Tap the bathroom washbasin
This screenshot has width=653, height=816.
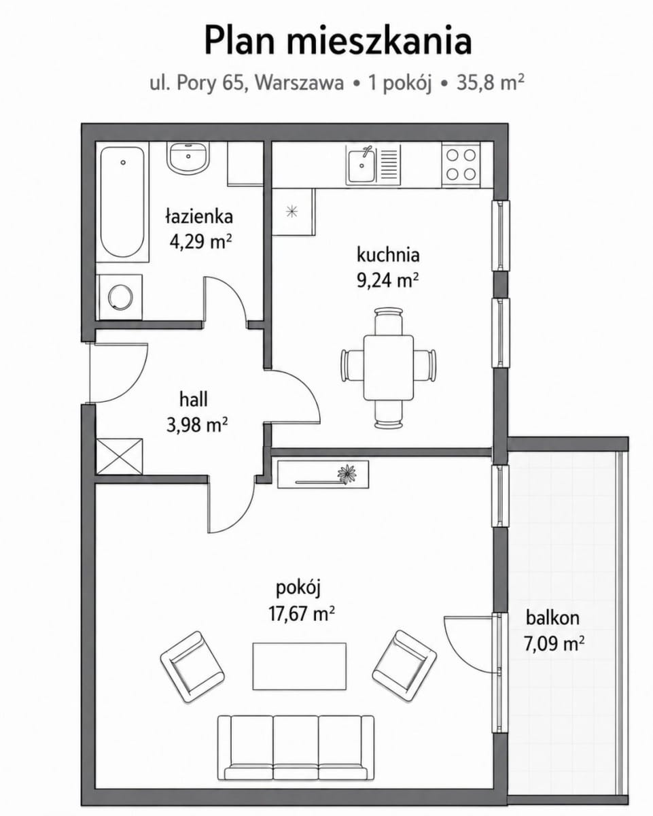tap(188, 158)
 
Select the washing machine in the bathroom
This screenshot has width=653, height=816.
tap(120, 297)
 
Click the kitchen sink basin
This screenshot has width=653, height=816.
tap(361, 166)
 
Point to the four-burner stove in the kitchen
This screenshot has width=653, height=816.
tap(461, 165)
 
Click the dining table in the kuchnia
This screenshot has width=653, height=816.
tap(388, 367)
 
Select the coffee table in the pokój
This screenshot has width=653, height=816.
tap(299, 666)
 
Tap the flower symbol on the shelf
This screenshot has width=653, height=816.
tap(347, 474)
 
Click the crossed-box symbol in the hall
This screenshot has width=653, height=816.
tap(120, 456)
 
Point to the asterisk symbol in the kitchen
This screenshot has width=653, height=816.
tap(292, 211)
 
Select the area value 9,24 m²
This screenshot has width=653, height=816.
tap(388, 281)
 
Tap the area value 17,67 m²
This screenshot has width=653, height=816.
tap(302, 614)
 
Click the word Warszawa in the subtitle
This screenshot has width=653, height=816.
tap(300, 83)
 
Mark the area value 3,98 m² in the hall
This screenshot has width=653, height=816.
tap(197, 424)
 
